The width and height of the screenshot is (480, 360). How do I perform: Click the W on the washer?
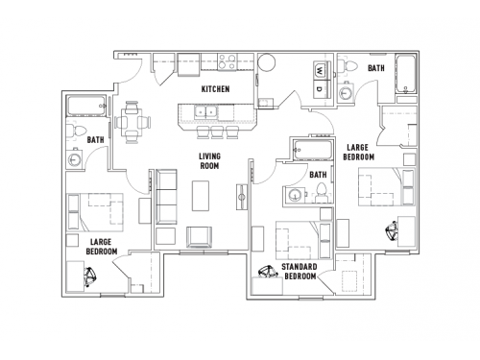318,69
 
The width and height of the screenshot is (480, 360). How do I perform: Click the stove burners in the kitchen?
229,63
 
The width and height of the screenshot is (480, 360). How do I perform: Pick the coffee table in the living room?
202,197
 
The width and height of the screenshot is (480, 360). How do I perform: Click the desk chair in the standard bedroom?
265,274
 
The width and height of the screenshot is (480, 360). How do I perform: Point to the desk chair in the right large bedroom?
391,231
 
